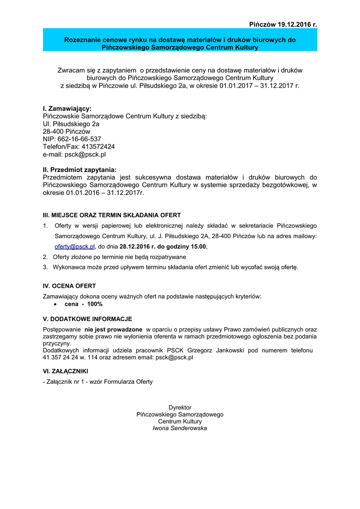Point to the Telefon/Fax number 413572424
coord(98,147)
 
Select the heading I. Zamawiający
coord(67,108)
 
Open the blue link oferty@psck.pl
coord(75,246)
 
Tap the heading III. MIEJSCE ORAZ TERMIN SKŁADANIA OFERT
coord(112,215)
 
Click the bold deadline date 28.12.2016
coord(137,246)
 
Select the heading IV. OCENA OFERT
coord(70,286)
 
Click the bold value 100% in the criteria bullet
coord(94,304)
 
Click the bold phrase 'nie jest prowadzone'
coord(113,329)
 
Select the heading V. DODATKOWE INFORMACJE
coord(88,319)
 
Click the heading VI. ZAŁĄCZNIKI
coord(67,371)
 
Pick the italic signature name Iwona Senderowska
coord(180,428)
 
